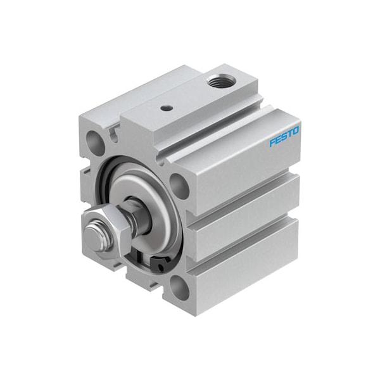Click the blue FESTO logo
(284, 137)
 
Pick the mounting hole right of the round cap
(180, 187)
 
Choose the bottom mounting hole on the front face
(179, 288)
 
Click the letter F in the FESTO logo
(272, 143)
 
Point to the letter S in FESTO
(284, 137)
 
